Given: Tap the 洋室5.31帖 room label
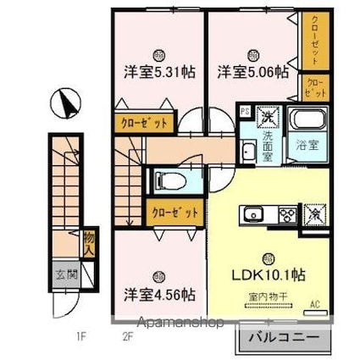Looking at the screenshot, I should pos(159,72).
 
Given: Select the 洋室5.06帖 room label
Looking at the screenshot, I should pos(252,72).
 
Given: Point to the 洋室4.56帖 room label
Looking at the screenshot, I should pos(159,295).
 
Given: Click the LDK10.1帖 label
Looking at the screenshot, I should pos(269,275).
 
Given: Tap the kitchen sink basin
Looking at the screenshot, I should pos(253,214).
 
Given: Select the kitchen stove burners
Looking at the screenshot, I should pos(283,214).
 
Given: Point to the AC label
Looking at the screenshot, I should pos(316,303).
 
